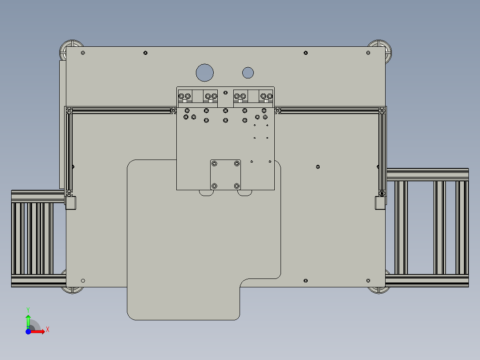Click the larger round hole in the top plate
click(205, 72)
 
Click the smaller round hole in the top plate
click(248, 72)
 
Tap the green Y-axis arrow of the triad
click(28, 320)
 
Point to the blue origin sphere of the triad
click(28, 331)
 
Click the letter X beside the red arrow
click(47, 329)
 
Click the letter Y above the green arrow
click(28, 309)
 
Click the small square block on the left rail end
click(71, 203)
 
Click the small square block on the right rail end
click(380, 203)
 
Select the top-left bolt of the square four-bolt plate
click(215, 164)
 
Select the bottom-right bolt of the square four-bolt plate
click(236, 185)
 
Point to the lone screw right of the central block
click(317, 167)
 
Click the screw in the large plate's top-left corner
click(83, 53)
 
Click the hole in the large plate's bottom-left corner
click(83, 281)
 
